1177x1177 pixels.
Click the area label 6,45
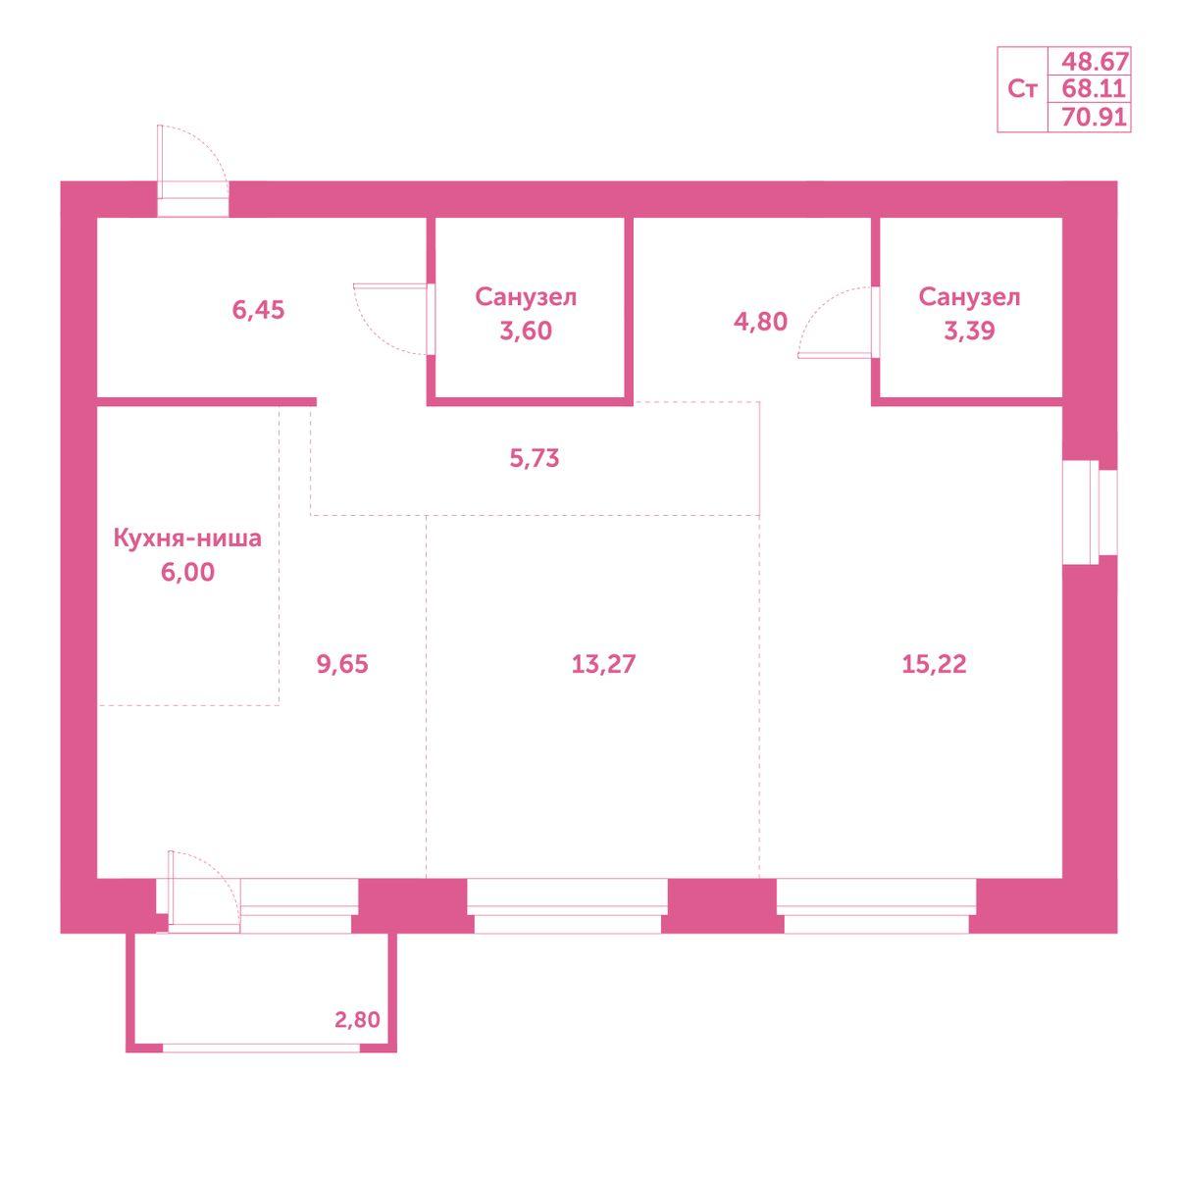click(x=258, y=310)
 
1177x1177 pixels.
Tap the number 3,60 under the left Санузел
click(x=526, y=331)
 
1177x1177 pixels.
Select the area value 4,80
click(x=760, y=322)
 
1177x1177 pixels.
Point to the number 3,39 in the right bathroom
click(x=969, y=331)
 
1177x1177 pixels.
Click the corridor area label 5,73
click(x=534, y=458)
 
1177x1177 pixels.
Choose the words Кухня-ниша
click(x=187, y=538)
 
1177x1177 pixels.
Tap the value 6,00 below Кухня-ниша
click(x=187, y=572)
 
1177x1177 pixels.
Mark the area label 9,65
click(x=342, y=663)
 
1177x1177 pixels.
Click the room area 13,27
click(x=603, y=663)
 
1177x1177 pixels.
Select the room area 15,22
click(x=934, y=663)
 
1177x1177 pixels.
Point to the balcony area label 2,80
click(x=357, y=1019)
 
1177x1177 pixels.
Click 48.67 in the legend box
click(x=1094, y=61)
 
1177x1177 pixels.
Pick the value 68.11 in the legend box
click(x=1094, y=88)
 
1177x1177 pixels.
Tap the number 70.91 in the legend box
click(x=1094, y=116)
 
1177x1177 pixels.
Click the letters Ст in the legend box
click(x=1022, y=89)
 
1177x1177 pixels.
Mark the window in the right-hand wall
click(x=1090, y=512)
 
